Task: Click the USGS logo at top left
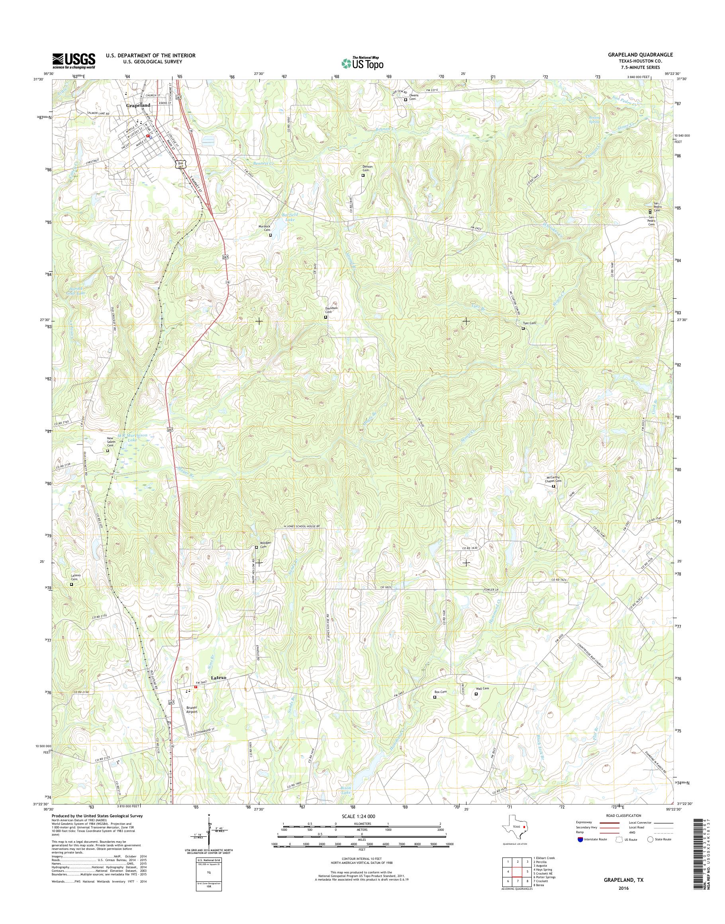[x=74, y=61]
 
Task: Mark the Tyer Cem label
[x=530, y=323]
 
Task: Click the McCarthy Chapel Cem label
[x=553, y=479]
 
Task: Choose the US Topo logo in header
[x=362, y=63]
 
